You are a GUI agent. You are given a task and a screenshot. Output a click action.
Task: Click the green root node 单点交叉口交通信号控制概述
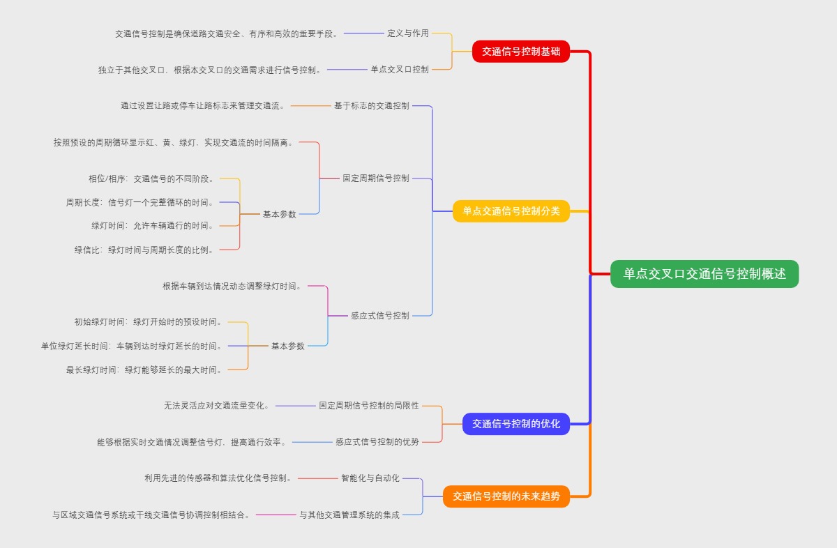[704, 274]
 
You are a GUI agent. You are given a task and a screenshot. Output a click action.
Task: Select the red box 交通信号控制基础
[521, 51]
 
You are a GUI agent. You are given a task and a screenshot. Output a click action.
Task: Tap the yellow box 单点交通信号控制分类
[511, 211]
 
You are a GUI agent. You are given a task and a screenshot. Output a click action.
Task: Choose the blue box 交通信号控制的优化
[516, 423]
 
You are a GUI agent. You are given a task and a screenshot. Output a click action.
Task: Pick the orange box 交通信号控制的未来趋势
[506, 496]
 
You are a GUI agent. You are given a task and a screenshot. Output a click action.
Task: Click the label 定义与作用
[408, 33]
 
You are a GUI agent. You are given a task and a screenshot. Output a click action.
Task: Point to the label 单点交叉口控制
[400, 69]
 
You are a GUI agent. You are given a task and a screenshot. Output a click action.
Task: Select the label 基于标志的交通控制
[372, 105]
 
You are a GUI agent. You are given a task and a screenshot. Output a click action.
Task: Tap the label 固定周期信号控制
[376, 178]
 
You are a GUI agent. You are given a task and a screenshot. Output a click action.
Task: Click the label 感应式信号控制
[380, 315]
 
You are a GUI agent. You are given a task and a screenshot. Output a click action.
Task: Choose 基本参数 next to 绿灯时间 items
[280, 214]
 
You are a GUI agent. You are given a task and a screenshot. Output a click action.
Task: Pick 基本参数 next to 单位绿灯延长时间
[288, 346]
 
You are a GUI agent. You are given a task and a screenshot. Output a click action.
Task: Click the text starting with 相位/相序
[151, 178]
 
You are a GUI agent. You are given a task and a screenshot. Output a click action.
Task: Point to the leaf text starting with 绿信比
[144, 250]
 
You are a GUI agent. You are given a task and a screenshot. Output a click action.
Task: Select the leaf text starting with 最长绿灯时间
[144, 370]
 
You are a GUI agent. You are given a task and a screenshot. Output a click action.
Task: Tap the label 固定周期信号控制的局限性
[369, 405]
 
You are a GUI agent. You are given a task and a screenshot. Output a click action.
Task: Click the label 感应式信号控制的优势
[377, 441]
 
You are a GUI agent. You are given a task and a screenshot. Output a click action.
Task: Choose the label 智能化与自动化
[370, 478]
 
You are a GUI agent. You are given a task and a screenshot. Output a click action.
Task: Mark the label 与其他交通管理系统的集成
[349, 515]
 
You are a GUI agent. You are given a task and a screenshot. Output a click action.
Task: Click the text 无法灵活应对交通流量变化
[217, 405]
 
